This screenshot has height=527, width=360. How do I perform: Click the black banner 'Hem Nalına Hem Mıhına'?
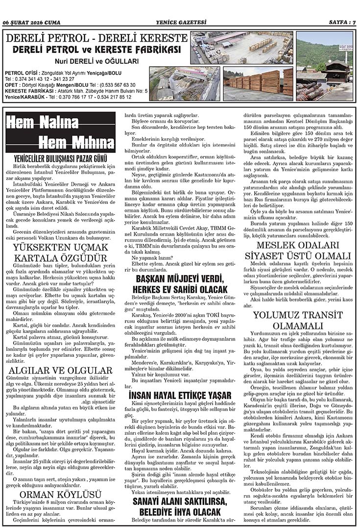[x=61, y=132]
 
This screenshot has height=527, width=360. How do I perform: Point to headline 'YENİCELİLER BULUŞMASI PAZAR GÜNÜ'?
[x=61, y=159]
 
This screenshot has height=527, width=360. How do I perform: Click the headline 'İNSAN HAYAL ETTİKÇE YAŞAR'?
[x=180, y=395]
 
